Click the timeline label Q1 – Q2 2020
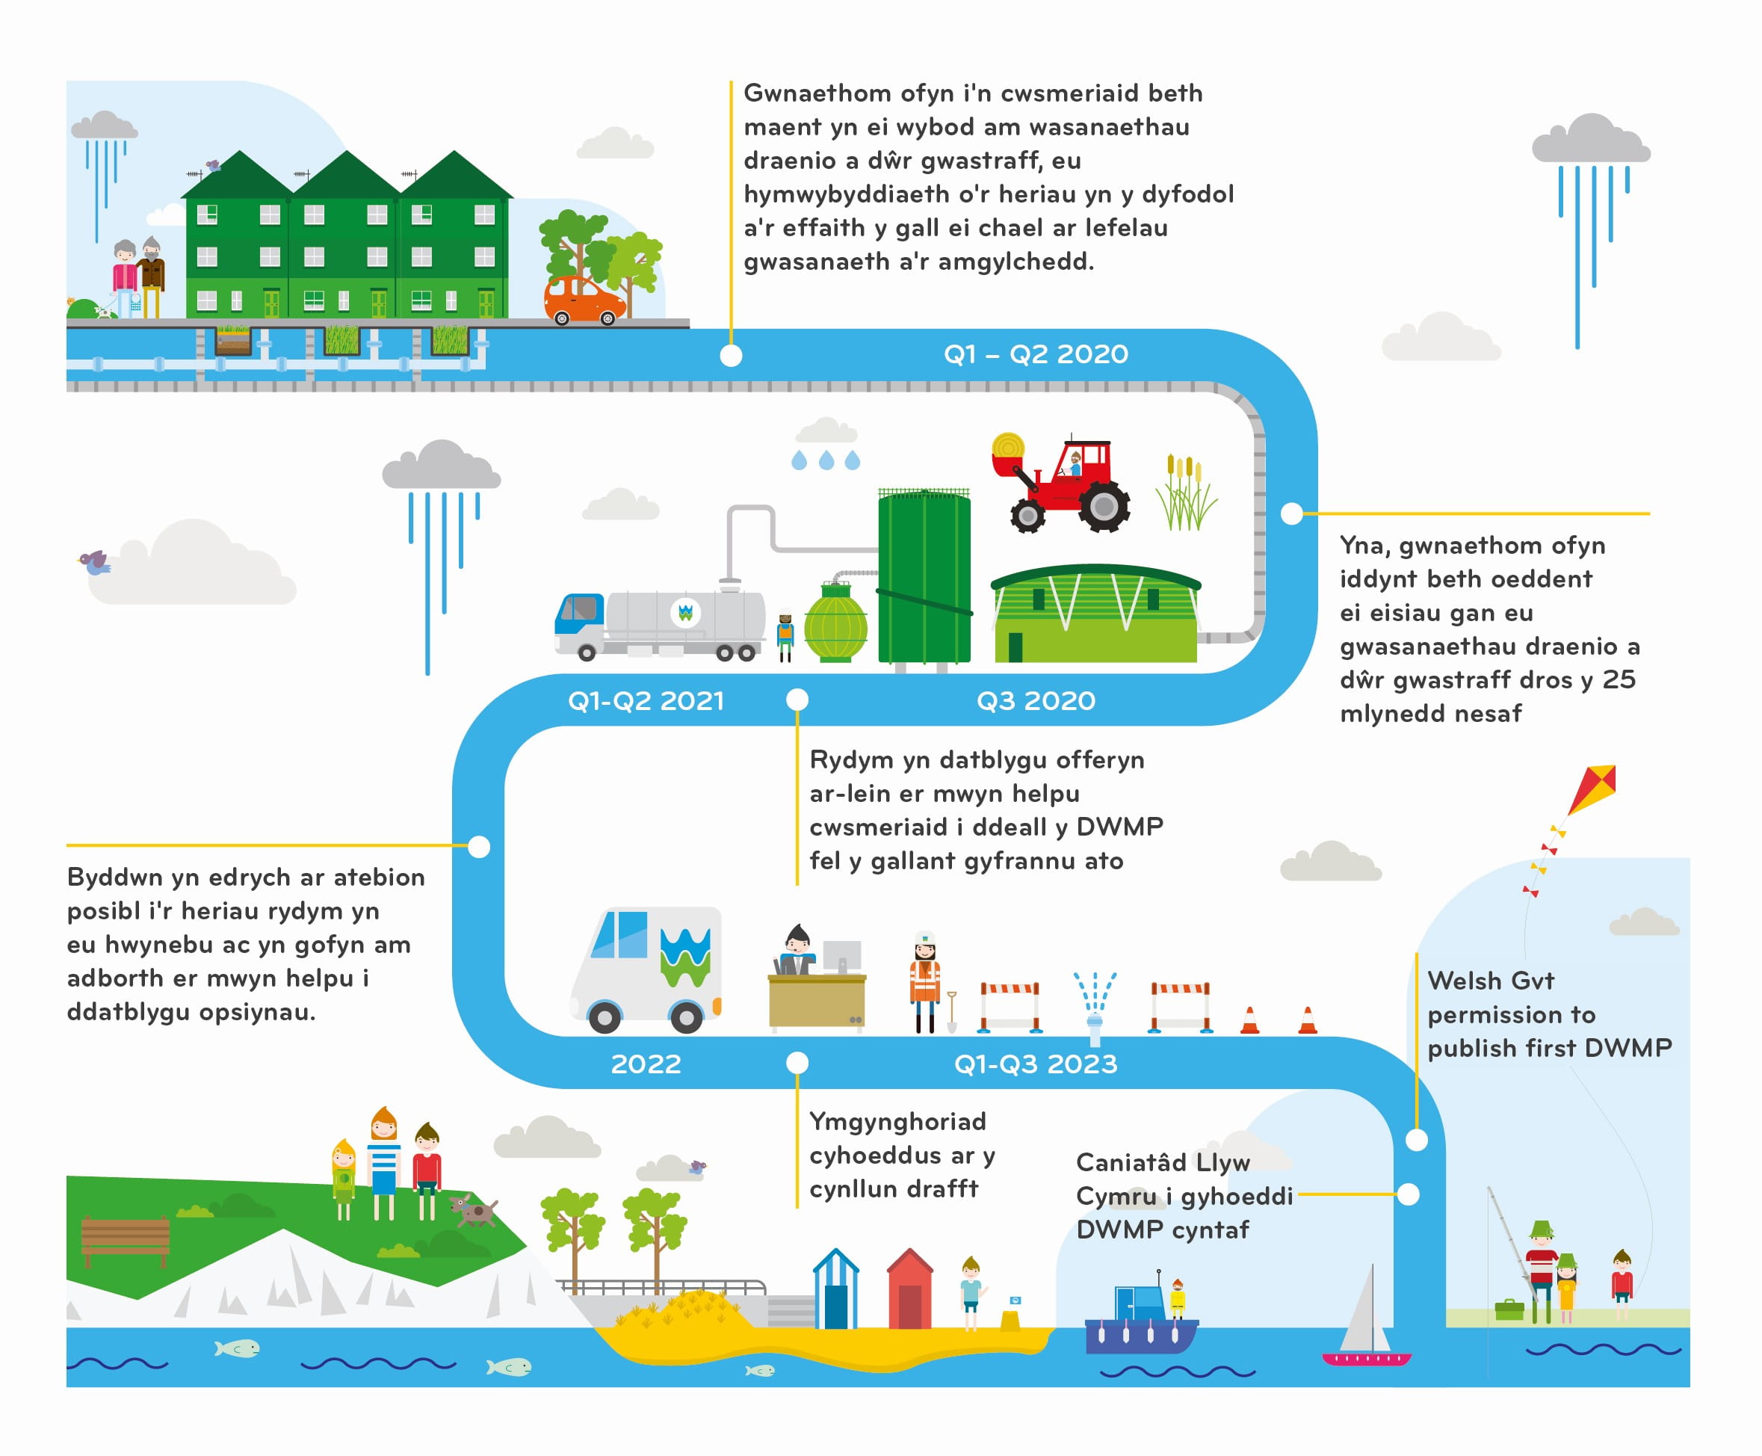click(x=1035, y=354)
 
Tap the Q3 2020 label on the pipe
click(x=1035, y=700)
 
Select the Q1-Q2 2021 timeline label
click(x=645, y=700)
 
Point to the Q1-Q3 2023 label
click(x=1035, y=1064)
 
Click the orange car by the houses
click(x=584, y=300)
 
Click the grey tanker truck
click(x=661, y=623)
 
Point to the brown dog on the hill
click(x=473, y=1211)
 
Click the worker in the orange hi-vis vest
click(x=924, y=981)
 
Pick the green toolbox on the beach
click(x=1509, y=1310)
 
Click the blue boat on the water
click(x=1140, y=1324)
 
